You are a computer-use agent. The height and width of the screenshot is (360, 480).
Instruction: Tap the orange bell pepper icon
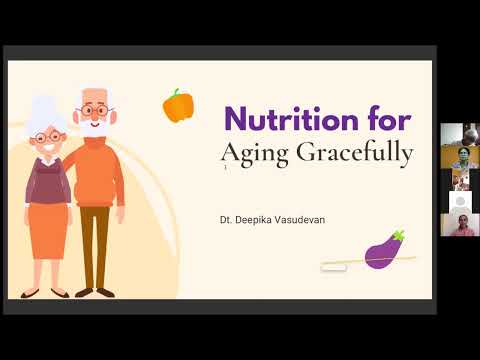click(178, 105)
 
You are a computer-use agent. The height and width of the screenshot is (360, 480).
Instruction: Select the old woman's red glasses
click(46, 135)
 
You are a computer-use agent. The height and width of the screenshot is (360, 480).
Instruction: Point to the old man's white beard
click(92, 128)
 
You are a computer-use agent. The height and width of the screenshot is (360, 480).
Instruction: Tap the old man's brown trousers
click(95, 245)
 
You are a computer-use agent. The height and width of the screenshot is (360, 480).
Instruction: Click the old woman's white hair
click(45, 110)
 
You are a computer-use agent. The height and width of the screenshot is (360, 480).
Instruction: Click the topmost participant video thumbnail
click(458, 134)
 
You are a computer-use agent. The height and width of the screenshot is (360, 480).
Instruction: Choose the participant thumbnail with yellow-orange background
click(458, 157)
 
